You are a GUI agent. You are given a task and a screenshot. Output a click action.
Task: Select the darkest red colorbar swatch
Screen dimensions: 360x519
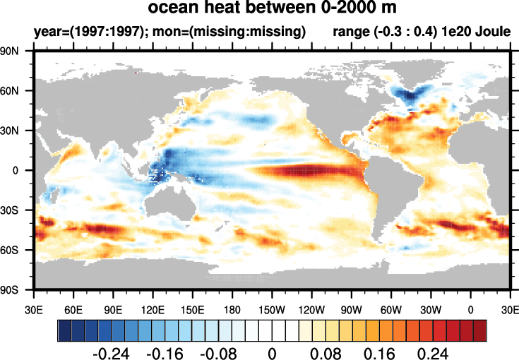[479, 330]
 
